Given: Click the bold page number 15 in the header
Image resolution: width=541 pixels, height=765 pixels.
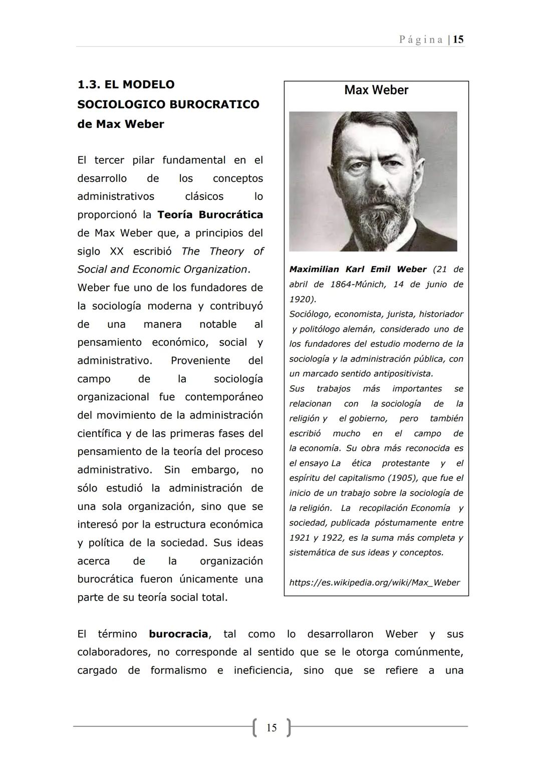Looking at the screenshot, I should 458,40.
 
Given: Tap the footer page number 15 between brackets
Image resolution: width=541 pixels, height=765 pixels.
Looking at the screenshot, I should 272,727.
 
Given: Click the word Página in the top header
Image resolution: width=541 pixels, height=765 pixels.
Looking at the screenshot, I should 421,40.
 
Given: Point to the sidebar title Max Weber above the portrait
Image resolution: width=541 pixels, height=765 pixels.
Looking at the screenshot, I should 376,90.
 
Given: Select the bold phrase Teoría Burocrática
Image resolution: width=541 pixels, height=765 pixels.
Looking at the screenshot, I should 210,215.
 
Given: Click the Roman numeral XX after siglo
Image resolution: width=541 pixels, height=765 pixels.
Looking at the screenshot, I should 116,251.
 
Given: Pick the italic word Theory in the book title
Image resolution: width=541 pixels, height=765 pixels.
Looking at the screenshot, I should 226,251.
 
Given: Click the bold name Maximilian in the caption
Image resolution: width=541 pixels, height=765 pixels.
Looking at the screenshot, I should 314,270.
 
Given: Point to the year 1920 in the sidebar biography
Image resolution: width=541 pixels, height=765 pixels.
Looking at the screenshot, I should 299,299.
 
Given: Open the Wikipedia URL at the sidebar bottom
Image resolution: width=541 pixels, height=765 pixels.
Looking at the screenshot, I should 374,583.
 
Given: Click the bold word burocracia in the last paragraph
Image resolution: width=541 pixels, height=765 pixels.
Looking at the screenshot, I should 178,634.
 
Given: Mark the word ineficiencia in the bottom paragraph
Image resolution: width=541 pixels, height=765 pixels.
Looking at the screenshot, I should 262,670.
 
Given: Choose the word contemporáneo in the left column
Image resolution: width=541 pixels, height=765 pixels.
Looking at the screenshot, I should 223,397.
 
